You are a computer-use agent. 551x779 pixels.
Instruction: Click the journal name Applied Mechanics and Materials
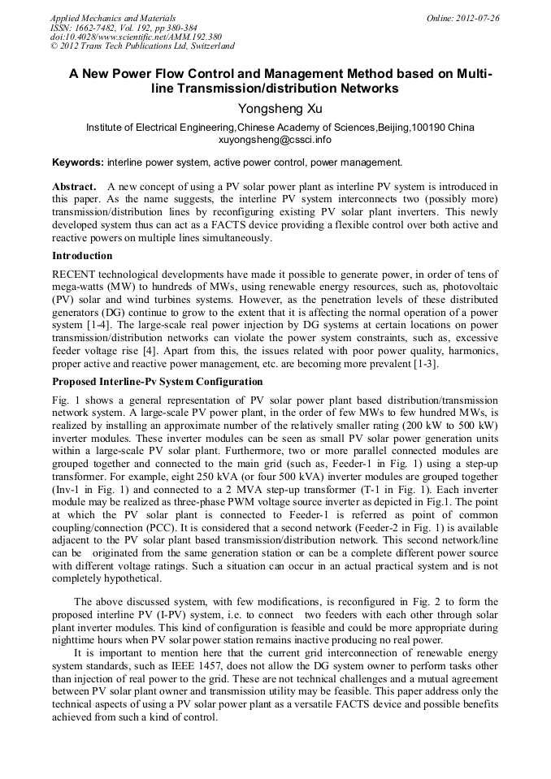pos(113,17)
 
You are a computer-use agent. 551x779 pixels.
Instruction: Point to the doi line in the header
pos(136,37)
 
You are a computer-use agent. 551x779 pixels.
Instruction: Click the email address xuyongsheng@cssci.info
pos(275,140)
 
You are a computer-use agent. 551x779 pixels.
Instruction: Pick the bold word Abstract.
pos(75,187)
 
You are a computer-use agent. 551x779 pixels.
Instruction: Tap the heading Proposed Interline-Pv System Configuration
pos(157,381)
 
